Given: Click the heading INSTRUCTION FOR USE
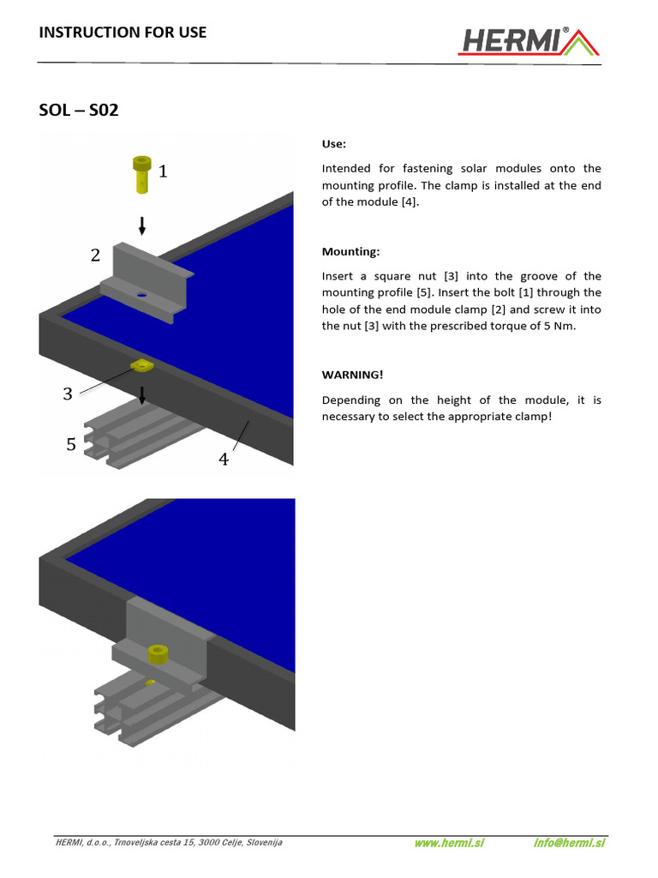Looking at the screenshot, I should [x=123, y=33].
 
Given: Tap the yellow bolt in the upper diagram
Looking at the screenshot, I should [x=141, y=173].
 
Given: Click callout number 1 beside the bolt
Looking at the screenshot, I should [x=163, y=172].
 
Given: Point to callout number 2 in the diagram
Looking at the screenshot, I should [x=95, y=255].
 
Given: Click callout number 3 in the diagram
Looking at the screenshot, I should [x=68, y=394].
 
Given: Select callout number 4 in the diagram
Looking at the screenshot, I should [x=224, y=460].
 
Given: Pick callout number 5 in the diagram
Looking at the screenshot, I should [x=71, y=444].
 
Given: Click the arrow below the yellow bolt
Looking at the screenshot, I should [x=142, y=225].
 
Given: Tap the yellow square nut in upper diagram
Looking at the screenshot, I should [x=141, y=367].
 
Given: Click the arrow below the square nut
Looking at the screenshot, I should [x=143, y=394].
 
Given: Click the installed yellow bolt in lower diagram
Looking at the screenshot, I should [x=157, y=654].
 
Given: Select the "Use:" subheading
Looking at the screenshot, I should [x=334, y=144].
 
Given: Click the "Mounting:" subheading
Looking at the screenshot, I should [x=350, y=252].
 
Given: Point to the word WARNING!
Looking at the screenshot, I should [x=353, y=376].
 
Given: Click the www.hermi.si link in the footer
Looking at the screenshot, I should [x=449, y=843].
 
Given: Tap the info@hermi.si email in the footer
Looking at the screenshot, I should [x=569, y=843].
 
